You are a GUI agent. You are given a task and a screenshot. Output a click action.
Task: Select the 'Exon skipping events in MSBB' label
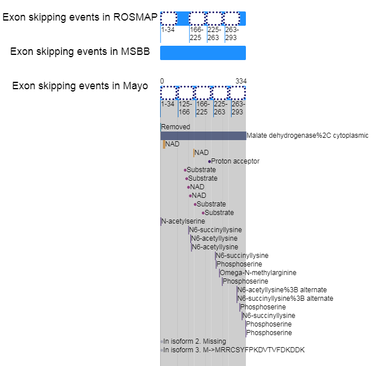pyautogui.click(x=80, y=52)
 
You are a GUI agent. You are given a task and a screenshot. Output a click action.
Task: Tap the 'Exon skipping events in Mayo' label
pyautogui.click(x=80, y=86)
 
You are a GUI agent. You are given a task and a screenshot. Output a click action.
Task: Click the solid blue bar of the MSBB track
pyautogui.click(x=202, y=53)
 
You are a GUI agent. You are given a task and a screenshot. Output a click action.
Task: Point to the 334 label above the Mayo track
pyautogui.click(x=241, y=81)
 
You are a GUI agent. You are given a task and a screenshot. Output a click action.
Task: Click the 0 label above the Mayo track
pyautogui.click(x=162, y=81)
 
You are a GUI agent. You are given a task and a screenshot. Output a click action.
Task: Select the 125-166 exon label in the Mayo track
pyautogui.click(x=185, y=108)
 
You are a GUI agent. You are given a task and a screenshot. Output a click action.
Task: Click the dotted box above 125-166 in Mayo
pyautogui.click(x=185, y=93)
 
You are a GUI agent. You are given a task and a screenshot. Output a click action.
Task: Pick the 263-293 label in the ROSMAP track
pyautogui.click(x=232, y=34)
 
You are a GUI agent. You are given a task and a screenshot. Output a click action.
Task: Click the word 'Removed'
pyautogui.click(x=176, y=127)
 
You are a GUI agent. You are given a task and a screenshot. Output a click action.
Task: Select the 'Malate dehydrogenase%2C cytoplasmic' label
pyautogui.click(x=308, y=136)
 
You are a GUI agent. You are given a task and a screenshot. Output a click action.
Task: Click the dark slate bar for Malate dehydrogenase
pyautogui.click(x=202, y=136)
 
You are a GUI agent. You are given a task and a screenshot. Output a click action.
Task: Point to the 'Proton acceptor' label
pyautogui.click(x=235, y=161)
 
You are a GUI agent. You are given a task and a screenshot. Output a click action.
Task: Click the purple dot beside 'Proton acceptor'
pyautogui.click(x=209, y=161)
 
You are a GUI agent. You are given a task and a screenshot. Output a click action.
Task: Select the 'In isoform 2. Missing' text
pyautogui.click(x=194, y=341)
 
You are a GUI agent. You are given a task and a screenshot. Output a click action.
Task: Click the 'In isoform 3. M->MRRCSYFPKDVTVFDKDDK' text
pyautogui.click(x=234, y=350)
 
